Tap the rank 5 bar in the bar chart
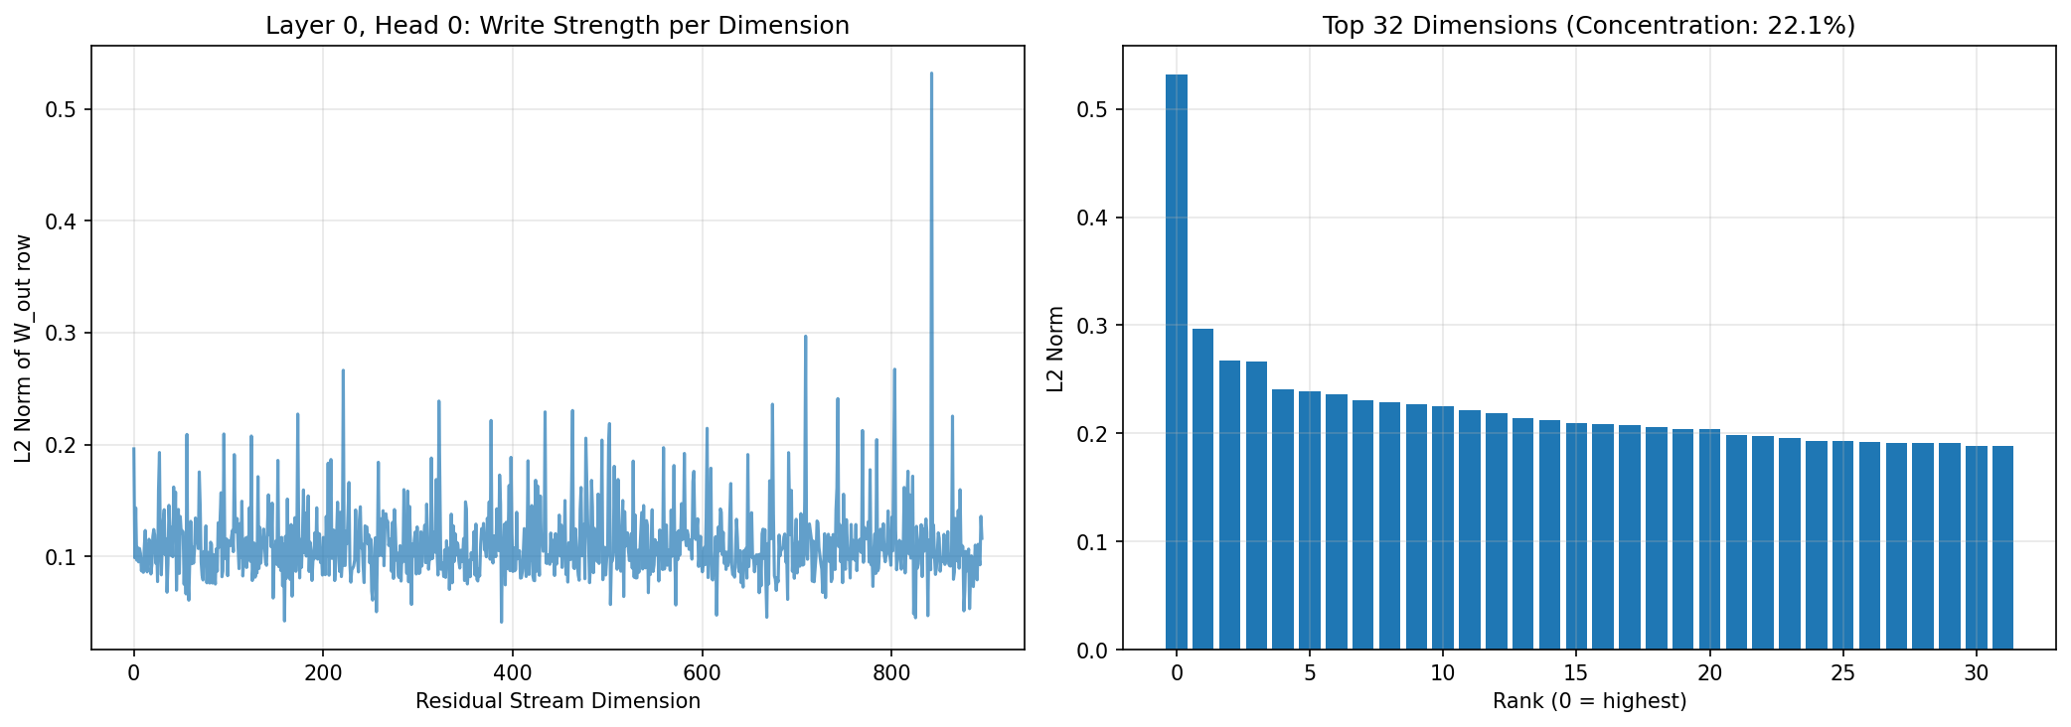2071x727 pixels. coord(1309,520)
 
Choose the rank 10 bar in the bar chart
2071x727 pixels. coord(1442,527)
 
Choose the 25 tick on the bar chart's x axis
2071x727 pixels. coord(1842,672)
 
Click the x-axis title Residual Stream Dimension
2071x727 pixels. coord(558,701)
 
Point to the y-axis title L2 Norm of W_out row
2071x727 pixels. coord(23,349)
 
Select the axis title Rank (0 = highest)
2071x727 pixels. coord(1589,701)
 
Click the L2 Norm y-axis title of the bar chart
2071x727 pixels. coord(1055,349)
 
